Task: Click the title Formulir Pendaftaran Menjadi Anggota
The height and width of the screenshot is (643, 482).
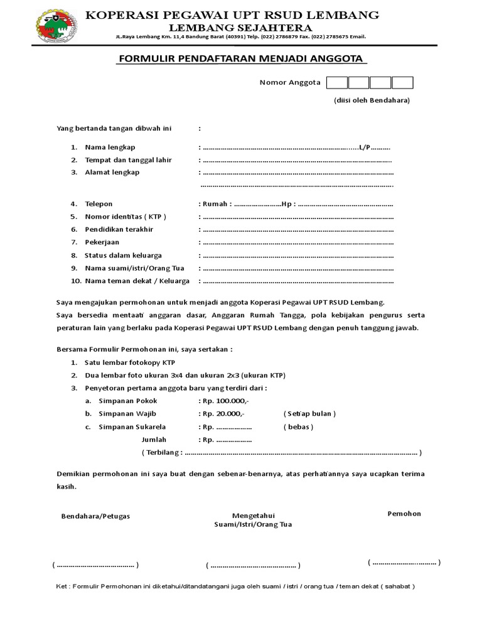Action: pyautogui.click(x=241, y=59)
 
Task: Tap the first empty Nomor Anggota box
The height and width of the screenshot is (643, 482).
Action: pyautogui.click(x=337, y=83)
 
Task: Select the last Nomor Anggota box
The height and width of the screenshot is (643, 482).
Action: pyautogui.click(x=402, y=83)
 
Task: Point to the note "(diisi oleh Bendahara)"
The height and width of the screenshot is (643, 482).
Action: pyautogui.click(x=371, y=100)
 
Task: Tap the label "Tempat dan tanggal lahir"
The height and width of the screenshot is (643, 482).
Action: pyautogui.click(x=129, y=160)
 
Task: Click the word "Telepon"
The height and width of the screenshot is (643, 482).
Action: pyautogui.click(x=99, y=204)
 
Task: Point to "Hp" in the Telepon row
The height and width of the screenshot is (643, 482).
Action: pyautogui.click(x=287, y=204)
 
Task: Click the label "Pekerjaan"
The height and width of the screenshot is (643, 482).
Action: pyautogui.click(x=102, y=242)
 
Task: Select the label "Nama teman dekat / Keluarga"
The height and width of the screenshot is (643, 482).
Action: pyautogui.click(x=137, y=281)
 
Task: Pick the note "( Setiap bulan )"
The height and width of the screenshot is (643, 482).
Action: pyautogui.click(x=309, y=414)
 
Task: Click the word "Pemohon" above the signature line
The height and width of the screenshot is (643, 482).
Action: pyautogui.click(x=404, y=514)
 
